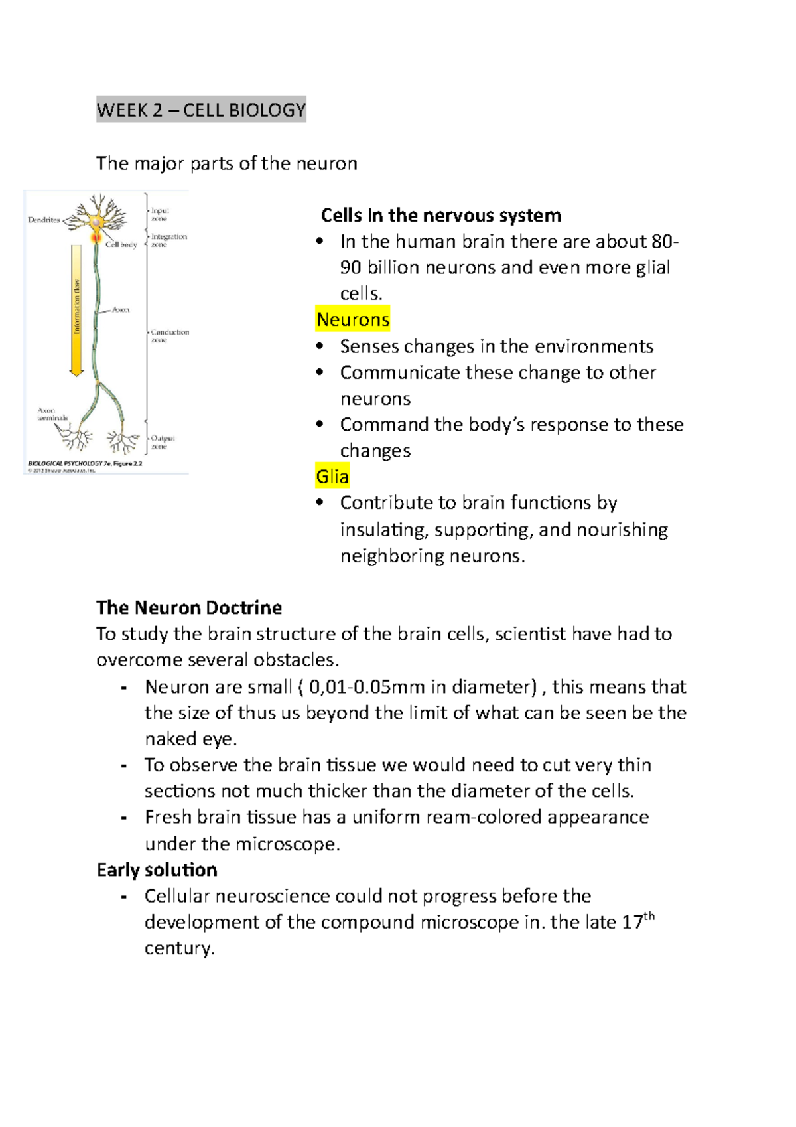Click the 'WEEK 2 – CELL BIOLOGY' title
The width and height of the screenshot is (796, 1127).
pyautogui.click(x=201, y=110)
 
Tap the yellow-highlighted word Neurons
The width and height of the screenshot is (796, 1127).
pyautogui.click(x=353, y=319)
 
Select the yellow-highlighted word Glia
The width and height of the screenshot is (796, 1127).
pyautogui.click(x=332, y=477)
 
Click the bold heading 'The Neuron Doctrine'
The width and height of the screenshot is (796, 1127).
pyautogui.click(x=189, y=607)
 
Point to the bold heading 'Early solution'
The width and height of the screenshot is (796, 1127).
pyautogui.click(x=157, y=869)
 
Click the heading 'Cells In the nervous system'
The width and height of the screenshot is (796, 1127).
pyautogui.click(x=441, y=215)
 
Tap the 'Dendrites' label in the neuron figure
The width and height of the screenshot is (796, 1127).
pyautogui.click(x=44, y=220)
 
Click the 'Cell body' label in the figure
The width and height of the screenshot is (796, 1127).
pyautogui.click(x=121, y=244)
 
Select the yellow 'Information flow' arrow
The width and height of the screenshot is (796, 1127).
pyautogui.click(x=76, y=309)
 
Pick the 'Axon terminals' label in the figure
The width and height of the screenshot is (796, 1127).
pyautogui.click(x=52, y=414)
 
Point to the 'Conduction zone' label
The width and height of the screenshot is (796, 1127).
pyautogui.click(x=169, y=335)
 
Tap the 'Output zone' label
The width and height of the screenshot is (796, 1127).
pyautogui.click(x=162, y=442)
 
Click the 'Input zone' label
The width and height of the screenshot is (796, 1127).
pyautogui.click(x=160, y=214)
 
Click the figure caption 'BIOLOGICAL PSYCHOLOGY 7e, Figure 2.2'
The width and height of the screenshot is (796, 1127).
pyautogui.click(x=85, y=463)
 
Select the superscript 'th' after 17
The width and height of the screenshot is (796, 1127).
pyautogui.click(x=649, y=916)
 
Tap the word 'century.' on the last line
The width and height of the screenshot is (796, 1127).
pyautogui.click(x=180, y=948)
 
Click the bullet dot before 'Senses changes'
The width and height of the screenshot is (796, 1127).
pyautogui.click(x=320, y=346)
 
